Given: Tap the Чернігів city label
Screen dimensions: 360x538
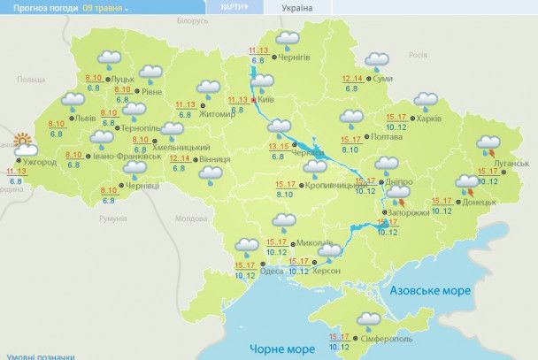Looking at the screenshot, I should (x=294, y=57).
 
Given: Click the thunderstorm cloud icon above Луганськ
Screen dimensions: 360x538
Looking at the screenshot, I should (x=488, y=143).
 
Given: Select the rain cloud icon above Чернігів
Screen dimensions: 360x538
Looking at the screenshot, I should (x=287, y=39).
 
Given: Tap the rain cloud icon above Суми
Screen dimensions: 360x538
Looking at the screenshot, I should (x=378, y=61).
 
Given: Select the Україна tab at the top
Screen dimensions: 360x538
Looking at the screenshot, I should (x=296, y=7).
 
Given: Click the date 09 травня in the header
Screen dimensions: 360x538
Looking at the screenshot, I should (x=104, y=7).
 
